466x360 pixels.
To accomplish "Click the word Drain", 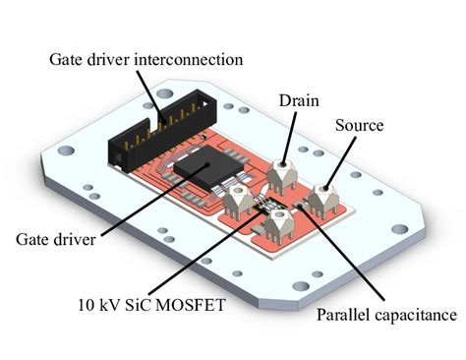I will [x=298, y=100].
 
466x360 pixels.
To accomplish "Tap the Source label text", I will [x=360, y=128].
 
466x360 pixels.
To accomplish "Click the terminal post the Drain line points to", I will [x=282, y=174].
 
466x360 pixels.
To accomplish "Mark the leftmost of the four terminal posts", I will [x=239, y=202].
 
